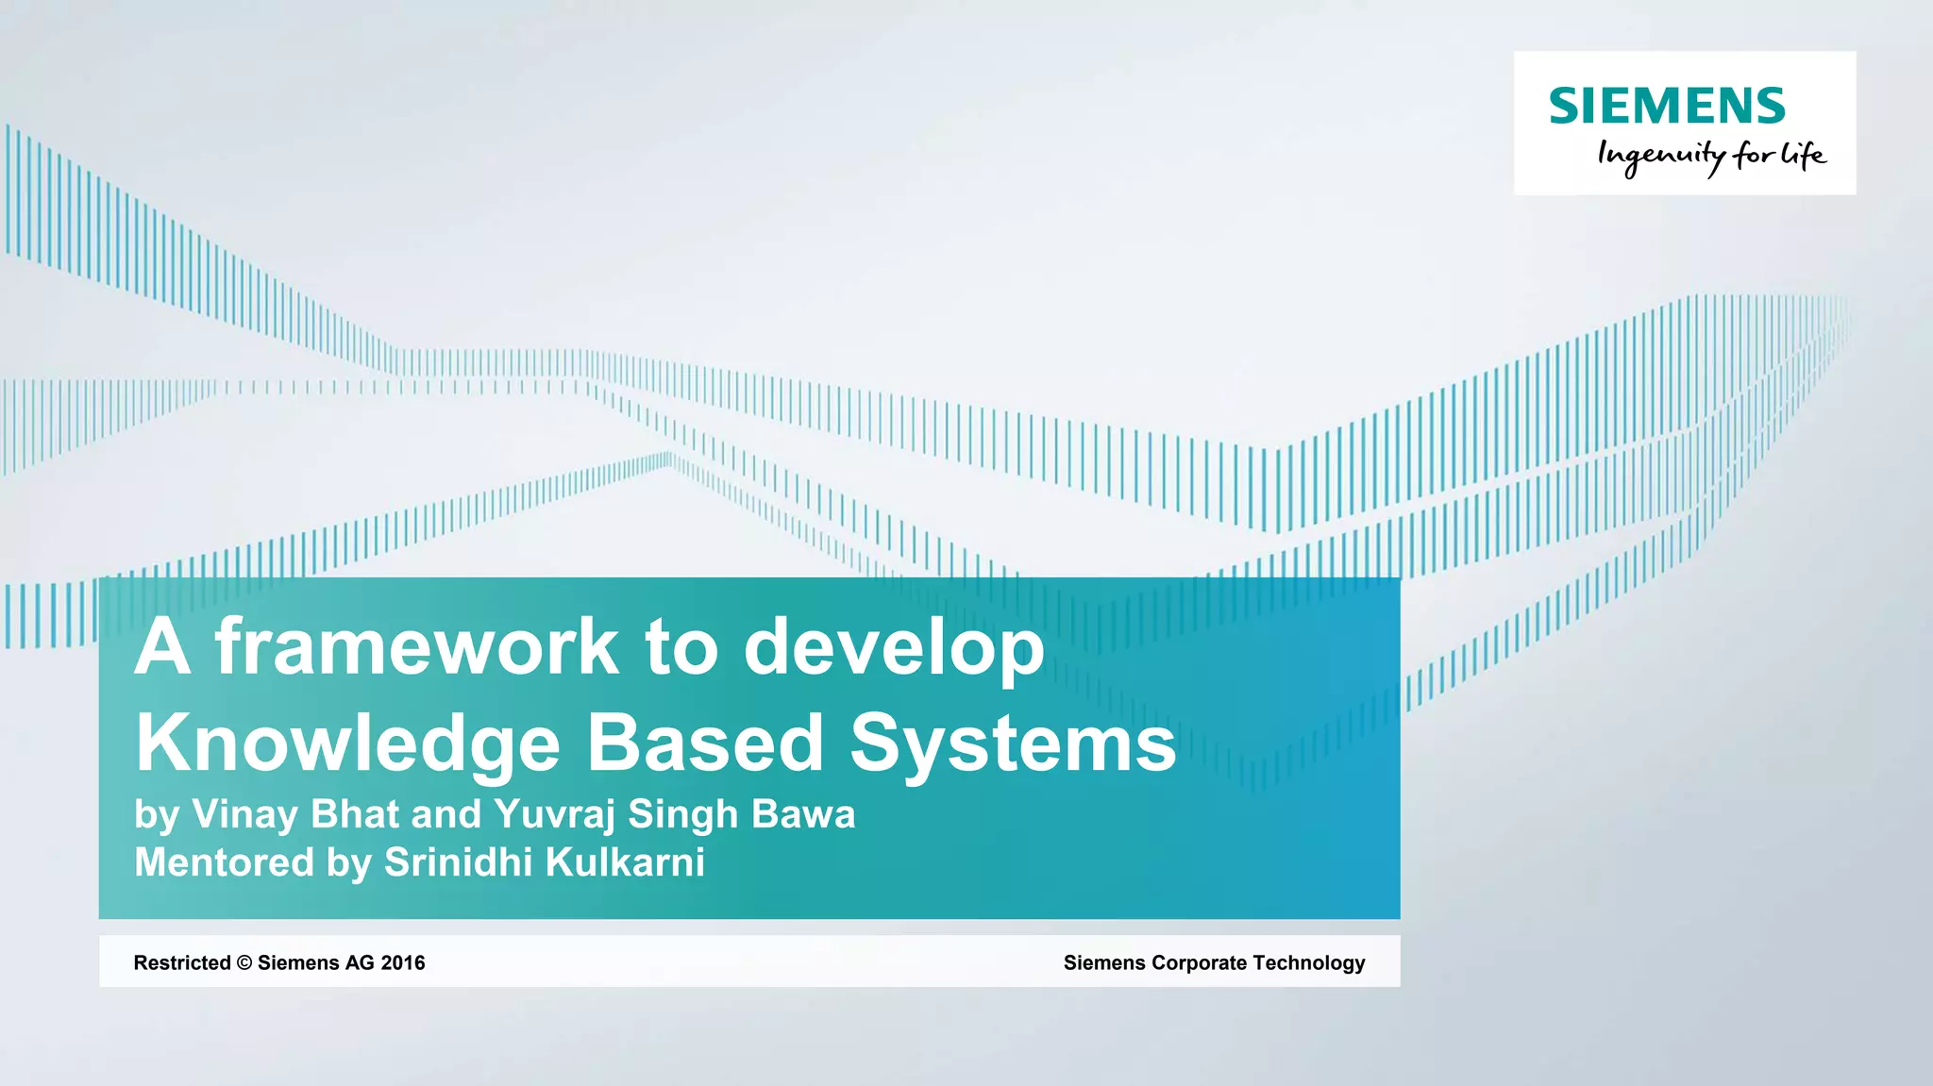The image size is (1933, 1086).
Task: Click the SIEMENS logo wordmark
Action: (1667, 106)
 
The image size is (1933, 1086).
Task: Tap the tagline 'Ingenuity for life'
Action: (1711, 156)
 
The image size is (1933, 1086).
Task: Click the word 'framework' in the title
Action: (416, 647)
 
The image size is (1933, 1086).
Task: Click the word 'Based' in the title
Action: (705, 743)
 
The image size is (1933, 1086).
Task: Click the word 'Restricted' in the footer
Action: (182, 962)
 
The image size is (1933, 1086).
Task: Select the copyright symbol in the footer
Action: (244, 962)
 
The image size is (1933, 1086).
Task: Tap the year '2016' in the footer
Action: (403, 962)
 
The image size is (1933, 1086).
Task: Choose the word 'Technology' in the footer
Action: (1309, 963)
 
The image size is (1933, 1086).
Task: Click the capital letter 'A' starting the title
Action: (162, 647)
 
